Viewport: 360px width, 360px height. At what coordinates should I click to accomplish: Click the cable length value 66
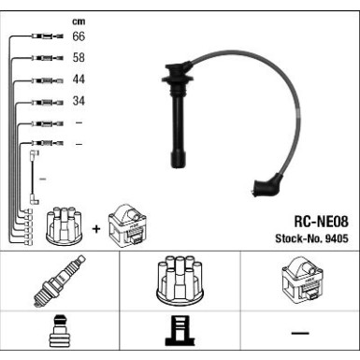(79, 36)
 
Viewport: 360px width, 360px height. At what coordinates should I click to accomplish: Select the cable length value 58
(79, 58)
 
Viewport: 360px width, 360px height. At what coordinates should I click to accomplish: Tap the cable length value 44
(79, 79)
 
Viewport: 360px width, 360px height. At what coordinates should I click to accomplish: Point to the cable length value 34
(79, 101)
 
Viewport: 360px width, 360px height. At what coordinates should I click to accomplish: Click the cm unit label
(79, 22)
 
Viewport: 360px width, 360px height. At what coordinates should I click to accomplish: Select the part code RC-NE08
(322, 222)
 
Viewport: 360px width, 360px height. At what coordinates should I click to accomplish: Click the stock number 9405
(337, 238)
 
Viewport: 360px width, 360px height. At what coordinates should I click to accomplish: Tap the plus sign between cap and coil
(96, 229)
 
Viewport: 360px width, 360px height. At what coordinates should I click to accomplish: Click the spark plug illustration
(59, 281)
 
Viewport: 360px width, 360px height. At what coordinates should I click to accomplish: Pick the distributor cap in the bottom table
(180, 281)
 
